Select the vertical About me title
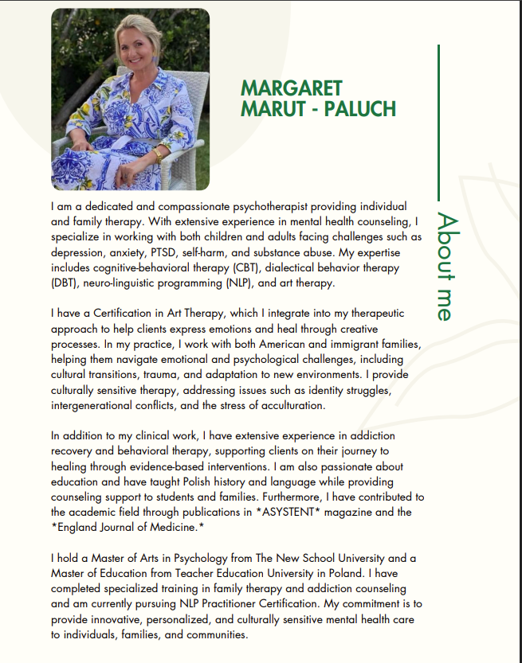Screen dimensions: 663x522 pyautogui.click(x=449, y=267)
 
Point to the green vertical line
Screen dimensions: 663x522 pyautogui.click(x=438, y=119)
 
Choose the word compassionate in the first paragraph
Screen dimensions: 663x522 pyautogui.click(x=166, y=207)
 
